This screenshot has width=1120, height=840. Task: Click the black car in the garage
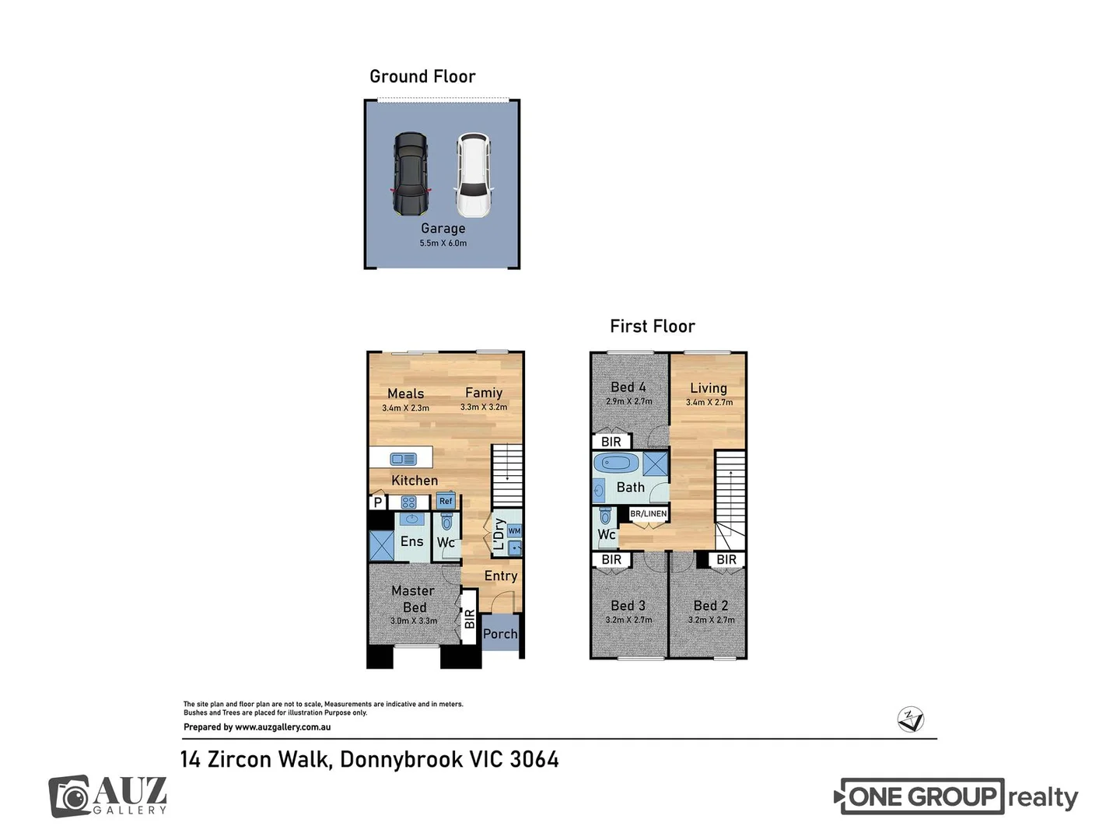pyautogui.click(x=410, y=174)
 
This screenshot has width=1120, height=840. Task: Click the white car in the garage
pyautogui.click(x=473, y=175)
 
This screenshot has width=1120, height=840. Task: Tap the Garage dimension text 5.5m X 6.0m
pyautogui.click(x=443, y=243)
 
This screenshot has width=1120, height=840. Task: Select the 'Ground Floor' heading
pyautogui.click(x=422, y=76)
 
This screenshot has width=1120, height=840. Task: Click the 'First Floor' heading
pyautogui.click(x=652, y=326)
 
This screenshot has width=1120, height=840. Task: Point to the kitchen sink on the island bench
pyautogui.click(x=403, y=459)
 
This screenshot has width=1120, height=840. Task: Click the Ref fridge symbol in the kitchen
pyautogui.click(x=446, y=501)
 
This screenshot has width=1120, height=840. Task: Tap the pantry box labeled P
pyautogui.click(x=378, y=502)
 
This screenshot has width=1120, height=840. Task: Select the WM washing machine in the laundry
pyautogui.click(x=514, y=531)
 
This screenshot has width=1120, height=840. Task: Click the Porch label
pyautogui.click(x=500, y=634)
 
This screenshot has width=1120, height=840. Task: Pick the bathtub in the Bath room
pyautogui.click(x=617, y=464)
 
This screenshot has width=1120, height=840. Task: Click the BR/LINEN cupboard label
pyautogui.click(x=648, y=513)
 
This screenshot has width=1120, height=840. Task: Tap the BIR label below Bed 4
pyautogui.click(x=611, y=442)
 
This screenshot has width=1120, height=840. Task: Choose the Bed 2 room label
pyautogui.click(x=711, y=605)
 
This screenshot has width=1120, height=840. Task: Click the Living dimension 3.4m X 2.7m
pyautogui.click(x=709, y=402)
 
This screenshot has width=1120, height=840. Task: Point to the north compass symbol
pyautogui.click(x=910, y=719)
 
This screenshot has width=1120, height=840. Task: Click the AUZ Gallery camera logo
pyautogui.click(x=70, y=796)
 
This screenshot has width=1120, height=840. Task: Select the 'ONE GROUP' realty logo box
pyautogui.click(x=922, y=796)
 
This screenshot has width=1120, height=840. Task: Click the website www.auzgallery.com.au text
pyautogui.click(x=283, y=727)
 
